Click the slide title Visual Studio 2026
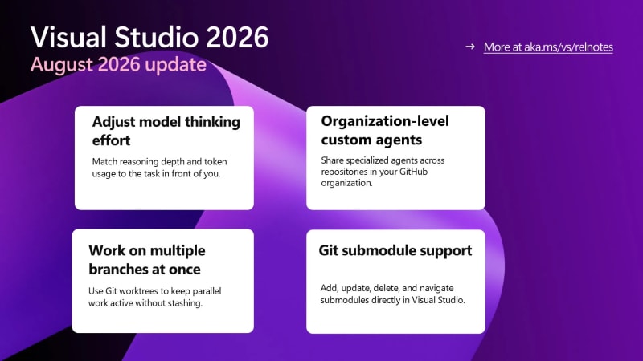click(149, 37)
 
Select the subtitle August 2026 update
click(118, 64)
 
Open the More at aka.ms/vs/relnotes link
click(548, 47)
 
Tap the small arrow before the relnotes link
click(470, 47)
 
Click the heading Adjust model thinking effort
click(166, 131)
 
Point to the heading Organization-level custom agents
click(385, 130)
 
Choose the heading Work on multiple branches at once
click(147, 260)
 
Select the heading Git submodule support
click(395, 250)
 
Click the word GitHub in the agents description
click(413, 172)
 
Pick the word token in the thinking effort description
click(215, 162)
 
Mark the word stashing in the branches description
click(186, 303)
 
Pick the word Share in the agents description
click(333, 160)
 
